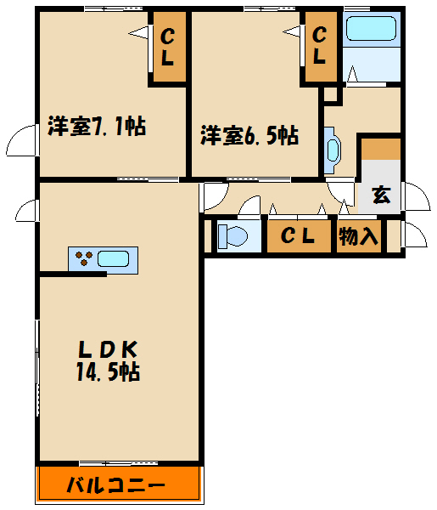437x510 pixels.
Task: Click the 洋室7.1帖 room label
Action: [x=95, y=127]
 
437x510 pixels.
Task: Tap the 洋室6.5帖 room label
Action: [x=249, y=135]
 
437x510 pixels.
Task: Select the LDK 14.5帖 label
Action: [x=109, y=360]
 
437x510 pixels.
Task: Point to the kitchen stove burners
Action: [x=83, y=257]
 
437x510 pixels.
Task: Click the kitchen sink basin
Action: [x=114, y=257]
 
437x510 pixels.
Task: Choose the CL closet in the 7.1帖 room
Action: [x=167, y=48]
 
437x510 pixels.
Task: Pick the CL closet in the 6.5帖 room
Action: [x=320, y=47]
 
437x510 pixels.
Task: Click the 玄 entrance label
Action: [x=380, y=195]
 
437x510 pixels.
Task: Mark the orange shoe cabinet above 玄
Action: [x=379, y=149]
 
